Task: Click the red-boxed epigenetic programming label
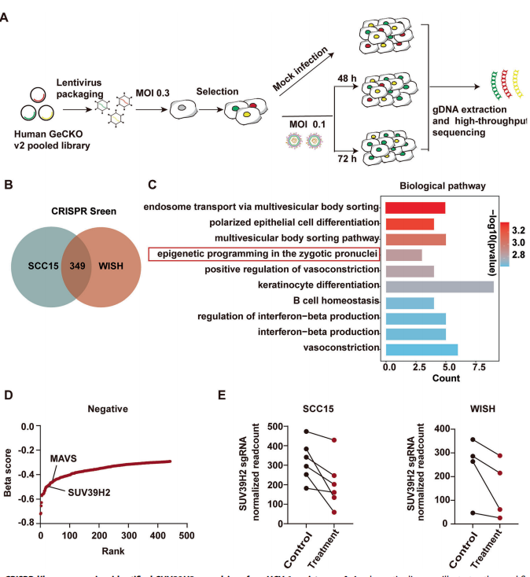[x=264, y=254]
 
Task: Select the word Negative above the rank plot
[x=109, y=409]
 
